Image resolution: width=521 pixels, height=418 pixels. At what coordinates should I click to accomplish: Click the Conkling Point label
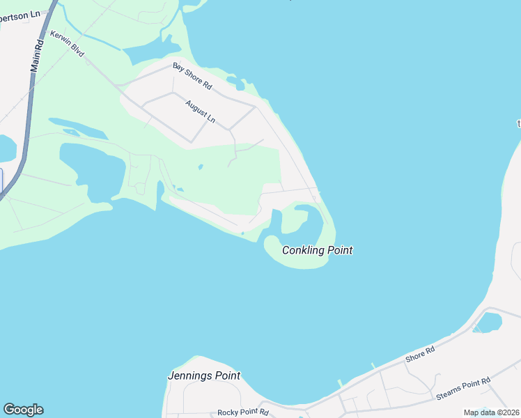[x=317, y=250]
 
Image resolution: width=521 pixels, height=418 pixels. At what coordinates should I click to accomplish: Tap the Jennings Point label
[x=204, y=376]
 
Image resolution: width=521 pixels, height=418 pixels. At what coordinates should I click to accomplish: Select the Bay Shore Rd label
[x=192, y=75]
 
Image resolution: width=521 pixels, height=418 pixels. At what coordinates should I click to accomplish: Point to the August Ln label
[x=200, y=112]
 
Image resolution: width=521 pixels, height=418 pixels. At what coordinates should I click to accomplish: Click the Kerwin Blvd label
[x=67, y=43]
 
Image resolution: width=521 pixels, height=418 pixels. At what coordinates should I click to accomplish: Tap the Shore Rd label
[x=421, y=355]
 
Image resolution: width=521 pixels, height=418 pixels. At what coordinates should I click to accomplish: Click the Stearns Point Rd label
[x=463, y=388]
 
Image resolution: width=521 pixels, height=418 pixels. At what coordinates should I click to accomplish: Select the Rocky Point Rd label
[x=242, y=412]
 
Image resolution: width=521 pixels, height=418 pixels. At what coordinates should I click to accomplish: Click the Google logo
[x=23, y=410]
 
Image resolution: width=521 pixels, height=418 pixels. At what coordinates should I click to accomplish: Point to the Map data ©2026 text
[x=490, y=412]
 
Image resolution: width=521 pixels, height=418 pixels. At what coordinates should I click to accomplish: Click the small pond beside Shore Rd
[x=490, y=322]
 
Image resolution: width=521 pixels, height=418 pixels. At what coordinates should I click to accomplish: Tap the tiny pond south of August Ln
[x=200, y=167]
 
